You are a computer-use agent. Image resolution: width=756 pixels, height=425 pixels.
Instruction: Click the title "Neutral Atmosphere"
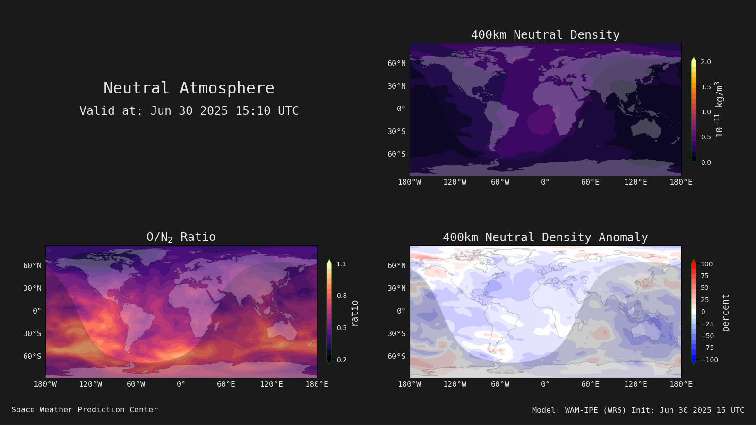point(189,88)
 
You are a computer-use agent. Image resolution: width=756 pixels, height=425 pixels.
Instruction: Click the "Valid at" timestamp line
point(189,110)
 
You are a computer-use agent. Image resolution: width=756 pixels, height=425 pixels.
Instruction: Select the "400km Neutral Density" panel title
point(545,35)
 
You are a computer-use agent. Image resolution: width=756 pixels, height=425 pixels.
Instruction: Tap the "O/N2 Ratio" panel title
point(181,237)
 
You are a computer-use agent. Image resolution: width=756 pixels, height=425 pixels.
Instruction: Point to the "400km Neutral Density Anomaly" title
point(545,237)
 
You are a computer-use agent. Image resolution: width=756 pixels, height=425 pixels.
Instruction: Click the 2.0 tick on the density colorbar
point(706,62)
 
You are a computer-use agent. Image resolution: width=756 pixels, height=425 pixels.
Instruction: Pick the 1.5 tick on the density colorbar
point(706,87)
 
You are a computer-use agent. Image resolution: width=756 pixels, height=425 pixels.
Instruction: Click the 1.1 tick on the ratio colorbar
point(341,264)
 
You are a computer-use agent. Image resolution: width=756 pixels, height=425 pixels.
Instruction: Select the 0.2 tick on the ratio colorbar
point(342,360)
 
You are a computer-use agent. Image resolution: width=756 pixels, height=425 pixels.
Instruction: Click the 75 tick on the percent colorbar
point(704,276)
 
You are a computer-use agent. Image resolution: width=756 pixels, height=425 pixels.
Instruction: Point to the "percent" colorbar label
point(725,313)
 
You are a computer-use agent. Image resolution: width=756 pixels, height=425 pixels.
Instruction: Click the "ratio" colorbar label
point(354,314)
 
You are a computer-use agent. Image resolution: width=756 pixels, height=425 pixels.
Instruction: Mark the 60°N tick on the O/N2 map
point(33,265)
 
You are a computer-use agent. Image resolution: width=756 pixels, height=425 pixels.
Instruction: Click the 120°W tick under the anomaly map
point(455,384)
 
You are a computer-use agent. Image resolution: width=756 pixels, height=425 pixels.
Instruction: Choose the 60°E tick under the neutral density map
point(590,182)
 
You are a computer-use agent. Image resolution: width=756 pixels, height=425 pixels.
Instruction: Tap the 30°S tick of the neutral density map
point(396,132)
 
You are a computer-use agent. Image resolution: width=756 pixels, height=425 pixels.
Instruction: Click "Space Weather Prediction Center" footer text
point(85,410)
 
